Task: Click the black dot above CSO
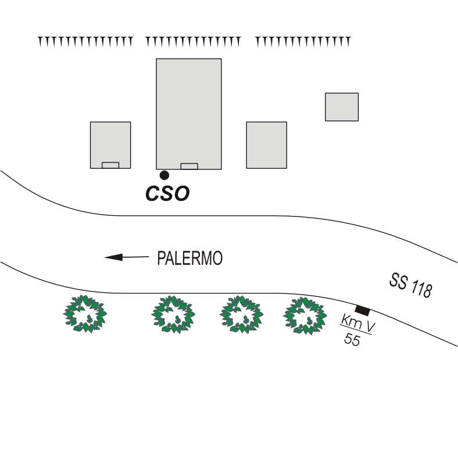tap(164, 175)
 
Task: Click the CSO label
tap(167, 193)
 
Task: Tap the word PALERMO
tap(189, 258)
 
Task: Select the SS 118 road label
tap(410, 285)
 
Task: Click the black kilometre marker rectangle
tap(362, 310)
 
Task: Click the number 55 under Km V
tap(352, 340)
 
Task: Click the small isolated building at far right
tap(341, 106)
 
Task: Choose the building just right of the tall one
tap(266, 144)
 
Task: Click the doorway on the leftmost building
tap(110, 165)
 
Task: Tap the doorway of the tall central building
tap(189, 166)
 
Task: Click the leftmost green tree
tap(85, 314)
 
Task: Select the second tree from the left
tap(173, 314)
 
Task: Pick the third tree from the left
tap(241, 314)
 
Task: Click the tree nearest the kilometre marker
tap(304, 315)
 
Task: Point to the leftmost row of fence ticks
tap(85, 41)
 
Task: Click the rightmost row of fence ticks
tap(303, 41)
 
